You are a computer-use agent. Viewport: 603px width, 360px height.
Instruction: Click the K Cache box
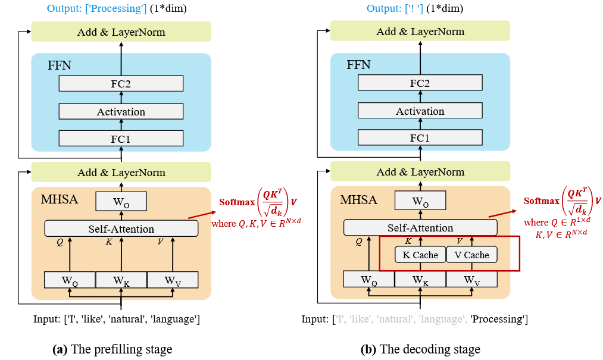coord(420,255)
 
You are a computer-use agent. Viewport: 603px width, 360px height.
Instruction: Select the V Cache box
coord(471,255)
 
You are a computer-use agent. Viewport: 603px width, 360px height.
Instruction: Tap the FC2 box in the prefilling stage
coord(121,84)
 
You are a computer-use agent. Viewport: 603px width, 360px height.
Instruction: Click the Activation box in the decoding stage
coord(420,111)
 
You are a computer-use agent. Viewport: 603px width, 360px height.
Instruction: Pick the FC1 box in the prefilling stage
coord(121,139)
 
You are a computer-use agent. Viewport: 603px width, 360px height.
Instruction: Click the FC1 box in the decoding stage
coord(420,138)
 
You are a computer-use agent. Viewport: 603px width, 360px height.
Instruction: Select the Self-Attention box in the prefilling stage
coord(121,228)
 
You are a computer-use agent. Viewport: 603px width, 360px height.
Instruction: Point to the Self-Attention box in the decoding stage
coord(420,228)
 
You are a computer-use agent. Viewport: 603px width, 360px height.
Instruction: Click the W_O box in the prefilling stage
coord(121,202)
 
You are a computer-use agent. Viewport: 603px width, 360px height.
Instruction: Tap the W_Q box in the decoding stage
coord(369,280)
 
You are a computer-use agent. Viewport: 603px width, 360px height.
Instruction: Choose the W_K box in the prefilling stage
coord(121,280)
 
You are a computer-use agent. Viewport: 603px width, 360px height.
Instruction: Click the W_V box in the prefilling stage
coord(172,280)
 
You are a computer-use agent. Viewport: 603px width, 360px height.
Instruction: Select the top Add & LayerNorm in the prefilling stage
coord(121,32)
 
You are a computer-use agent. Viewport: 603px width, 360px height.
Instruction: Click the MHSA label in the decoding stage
coord(358,199)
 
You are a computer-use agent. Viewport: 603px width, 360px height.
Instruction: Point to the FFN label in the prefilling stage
coord(60,65)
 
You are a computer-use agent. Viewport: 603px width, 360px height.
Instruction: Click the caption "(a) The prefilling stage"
coord(112,349)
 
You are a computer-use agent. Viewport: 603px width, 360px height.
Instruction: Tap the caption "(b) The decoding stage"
coord(420,349)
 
